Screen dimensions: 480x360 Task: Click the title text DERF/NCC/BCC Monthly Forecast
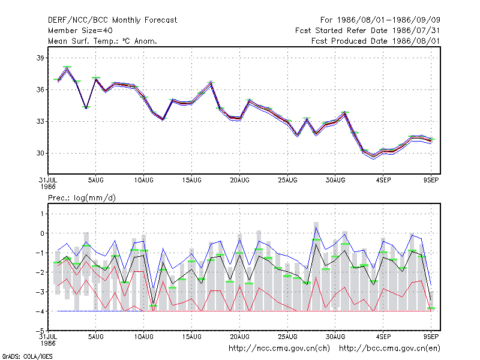(x=112, y=20)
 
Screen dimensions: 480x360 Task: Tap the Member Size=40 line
(x=80, y=31)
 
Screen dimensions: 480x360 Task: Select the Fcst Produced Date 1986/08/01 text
(x=376, y=41)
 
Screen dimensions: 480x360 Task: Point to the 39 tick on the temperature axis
(x=40, y=58)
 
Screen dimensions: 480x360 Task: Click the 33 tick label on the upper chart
(x=40, y=122)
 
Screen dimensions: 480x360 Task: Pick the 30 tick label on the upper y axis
(x=40, y=153)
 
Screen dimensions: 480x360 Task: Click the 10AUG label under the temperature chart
(x=143, y=181)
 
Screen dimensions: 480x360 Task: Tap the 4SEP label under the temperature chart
(x=383, y=181)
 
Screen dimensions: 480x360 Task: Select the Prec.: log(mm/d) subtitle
(x=82, y=198)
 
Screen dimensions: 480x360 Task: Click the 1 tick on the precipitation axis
(x=42, y=214)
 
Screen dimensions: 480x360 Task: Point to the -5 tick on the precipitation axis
(x=40, y=331)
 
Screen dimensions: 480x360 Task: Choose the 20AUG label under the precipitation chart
(x=239, y=337)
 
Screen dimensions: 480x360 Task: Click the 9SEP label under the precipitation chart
(x=431, y=337)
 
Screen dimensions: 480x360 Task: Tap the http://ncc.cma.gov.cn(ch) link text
(x=279, y=349)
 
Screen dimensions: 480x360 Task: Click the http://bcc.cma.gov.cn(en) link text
(x=389, y=349)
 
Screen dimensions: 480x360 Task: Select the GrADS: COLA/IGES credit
(x=27, y=356)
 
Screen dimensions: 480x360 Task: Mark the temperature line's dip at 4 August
(x=86, y=108)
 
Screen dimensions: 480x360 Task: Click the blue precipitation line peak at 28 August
(x=316, y=227)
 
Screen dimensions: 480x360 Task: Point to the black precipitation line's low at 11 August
(x=154, y=304)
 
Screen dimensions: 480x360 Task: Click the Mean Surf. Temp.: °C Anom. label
(x=103, y=41)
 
